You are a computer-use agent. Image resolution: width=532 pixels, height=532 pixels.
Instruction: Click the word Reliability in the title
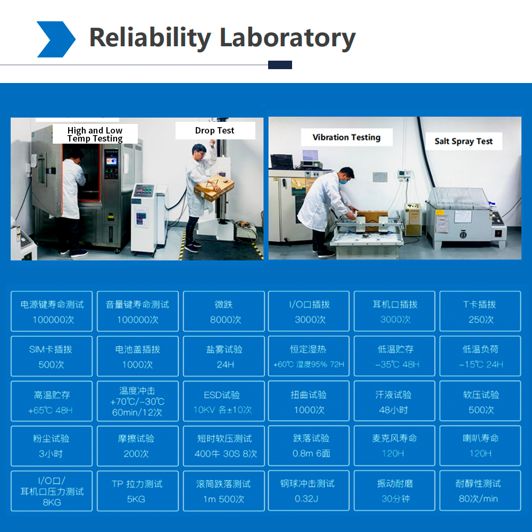(150, 38)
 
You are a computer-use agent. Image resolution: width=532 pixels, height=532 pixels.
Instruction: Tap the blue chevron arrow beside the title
(56, 39)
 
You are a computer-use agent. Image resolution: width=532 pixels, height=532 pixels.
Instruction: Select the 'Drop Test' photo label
(215, 131)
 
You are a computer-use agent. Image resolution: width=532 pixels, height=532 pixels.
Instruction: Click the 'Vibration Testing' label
(346, 137)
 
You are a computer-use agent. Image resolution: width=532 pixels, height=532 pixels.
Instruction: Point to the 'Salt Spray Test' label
(463, 141)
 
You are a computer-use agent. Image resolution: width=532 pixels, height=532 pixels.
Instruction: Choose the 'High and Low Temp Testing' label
(95, 134)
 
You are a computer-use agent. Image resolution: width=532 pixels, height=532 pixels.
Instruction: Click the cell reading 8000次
(223, 311)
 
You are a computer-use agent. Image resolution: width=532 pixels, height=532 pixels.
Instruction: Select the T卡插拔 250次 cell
(480, 311)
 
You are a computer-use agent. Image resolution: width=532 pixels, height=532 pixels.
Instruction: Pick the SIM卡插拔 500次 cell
(52, 356)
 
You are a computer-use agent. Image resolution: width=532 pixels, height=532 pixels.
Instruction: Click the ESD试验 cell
(223, 401)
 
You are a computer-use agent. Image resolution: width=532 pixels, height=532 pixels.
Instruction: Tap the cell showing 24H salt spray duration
(223, 356)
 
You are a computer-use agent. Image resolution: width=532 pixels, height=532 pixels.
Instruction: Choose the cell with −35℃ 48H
(394, 356)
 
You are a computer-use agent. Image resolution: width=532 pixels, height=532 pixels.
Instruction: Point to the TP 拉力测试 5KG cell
(138, 491)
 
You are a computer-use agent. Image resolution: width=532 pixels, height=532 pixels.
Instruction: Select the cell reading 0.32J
(309, 491)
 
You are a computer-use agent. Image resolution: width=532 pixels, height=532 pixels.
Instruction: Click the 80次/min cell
(480, 491)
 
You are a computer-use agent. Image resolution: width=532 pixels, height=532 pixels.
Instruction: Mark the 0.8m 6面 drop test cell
(309, 446)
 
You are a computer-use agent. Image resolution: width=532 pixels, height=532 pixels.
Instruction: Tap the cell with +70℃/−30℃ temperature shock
(138, 401)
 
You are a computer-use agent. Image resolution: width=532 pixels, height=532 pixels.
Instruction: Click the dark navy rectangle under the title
(280, 65)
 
